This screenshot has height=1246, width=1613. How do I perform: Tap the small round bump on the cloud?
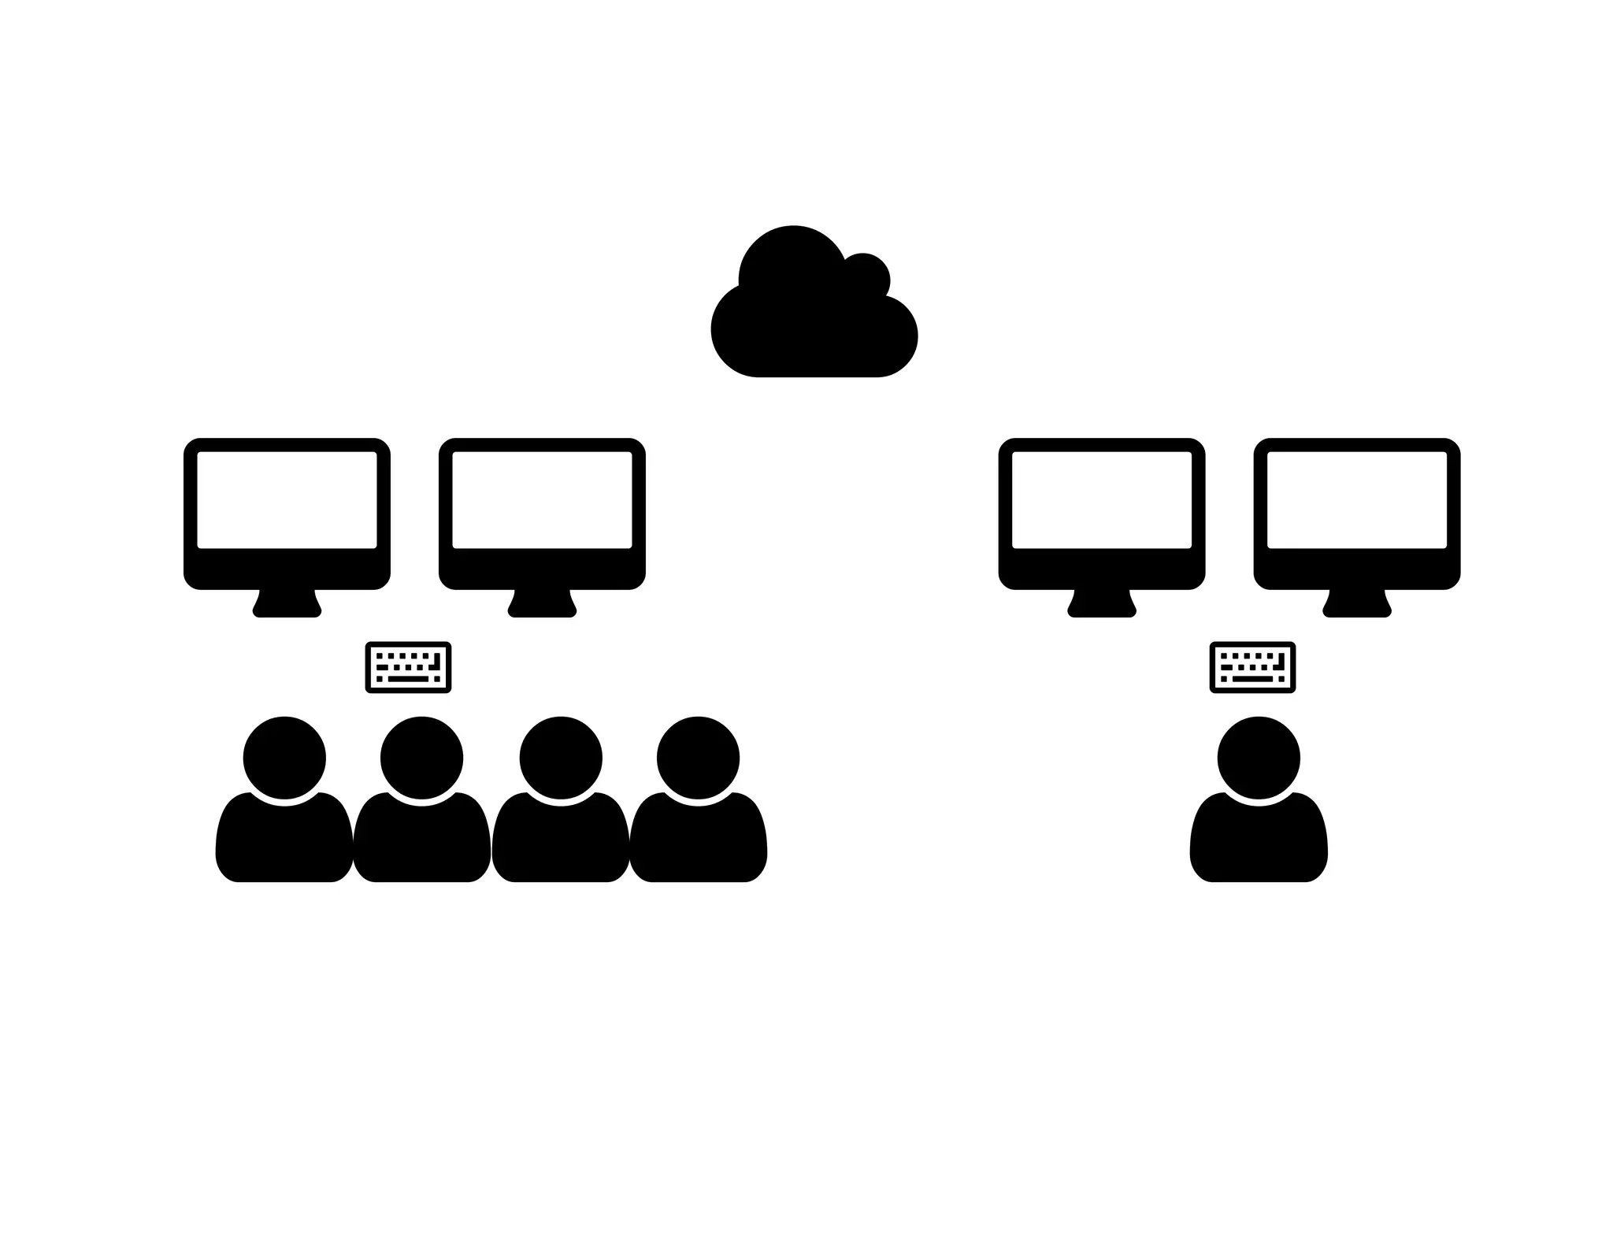click(865, 277)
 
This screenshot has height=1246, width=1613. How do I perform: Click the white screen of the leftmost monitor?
click(287, 499)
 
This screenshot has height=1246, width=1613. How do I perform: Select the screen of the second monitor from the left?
click(542, 499)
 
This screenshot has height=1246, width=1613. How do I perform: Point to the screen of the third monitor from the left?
click(1102, 499)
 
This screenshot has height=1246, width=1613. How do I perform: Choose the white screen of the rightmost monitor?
click(1357, 499)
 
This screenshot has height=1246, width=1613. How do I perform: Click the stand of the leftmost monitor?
click(287, 605)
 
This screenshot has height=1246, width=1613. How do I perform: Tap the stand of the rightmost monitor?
click(1357, 605)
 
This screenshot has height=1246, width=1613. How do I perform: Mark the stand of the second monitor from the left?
click(542, 605)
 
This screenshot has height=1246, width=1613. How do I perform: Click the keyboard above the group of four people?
click(408, 667)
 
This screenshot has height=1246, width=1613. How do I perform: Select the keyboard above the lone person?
click(1252, 667)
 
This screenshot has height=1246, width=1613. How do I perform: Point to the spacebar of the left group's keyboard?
click(408, 679)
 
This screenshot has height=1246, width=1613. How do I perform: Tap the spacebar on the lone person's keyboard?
click(1252, 679)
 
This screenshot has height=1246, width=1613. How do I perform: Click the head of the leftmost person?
click(284, 758)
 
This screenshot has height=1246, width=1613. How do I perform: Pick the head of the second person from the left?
click(421, 758)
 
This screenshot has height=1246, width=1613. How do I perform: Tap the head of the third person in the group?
click(561, 758)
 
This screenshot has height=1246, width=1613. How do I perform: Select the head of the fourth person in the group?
click(698, 758)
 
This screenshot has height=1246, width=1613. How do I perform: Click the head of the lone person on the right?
click(1259, 758)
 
